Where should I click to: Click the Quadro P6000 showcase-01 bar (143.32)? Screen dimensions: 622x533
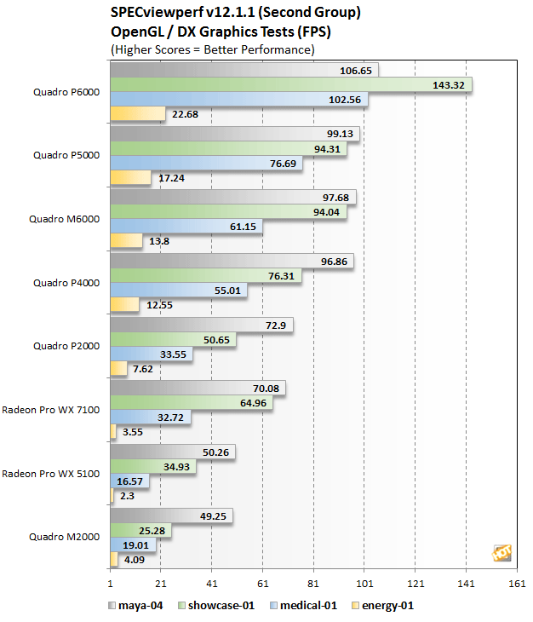pyautogui.click(x=290, y=85)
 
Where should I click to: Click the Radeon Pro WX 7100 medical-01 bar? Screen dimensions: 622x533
pyautogui.click(x=150, y=418)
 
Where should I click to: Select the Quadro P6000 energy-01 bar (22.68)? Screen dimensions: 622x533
pyautogui.click(x=137, y=114)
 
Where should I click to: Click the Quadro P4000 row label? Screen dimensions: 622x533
pyautogui.click(x=66, y=282)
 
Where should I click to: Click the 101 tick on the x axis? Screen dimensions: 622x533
pyautogui.click(x=364, y=585)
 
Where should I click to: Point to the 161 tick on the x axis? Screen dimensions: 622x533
pyautogui.click(x=517, y=585)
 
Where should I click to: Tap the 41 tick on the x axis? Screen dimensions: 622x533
pyautogui.click(x=212, y=585)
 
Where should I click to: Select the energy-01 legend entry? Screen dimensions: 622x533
pyautogui.click(x=387, y=606)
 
